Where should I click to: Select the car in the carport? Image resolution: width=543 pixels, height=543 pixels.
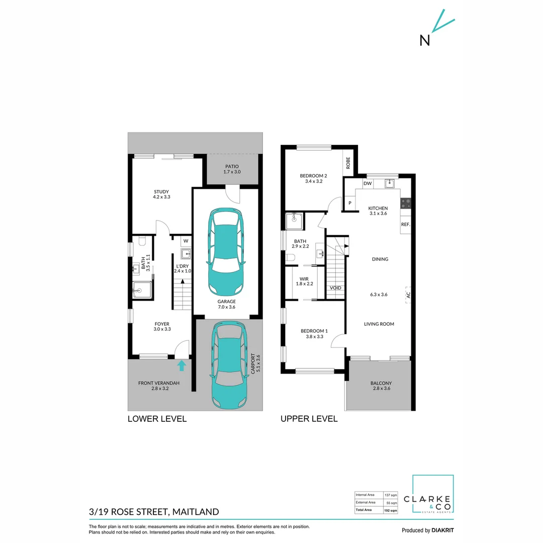click(x=229, y=365)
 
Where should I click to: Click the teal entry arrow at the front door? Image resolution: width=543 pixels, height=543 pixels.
click(x=182, y=365)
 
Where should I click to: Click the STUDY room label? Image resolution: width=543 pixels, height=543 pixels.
click(x=161, y=192)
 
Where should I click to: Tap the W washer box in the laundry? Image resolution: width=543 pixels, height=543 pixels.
click(x=185, y=240)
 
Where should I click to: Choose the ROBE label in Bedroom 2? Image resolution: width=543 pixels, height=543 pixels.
click(x=348, y=162)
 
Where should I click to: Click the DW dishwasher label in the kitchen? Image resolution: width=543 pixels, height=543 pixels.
click(x=367, y=184)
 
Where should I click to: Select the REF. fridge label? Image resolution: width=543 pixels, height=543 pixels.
click(x=405, y=224)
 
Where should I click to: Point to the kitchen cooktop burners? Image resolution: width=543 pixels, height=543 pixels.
click(x=406, y=203)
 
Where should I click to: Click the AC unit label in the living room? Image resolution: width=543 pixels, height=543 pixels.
click(x=408, y=294)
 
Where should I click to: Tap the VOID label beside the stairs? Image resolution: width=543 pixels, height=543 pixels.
click(x=335, y=288)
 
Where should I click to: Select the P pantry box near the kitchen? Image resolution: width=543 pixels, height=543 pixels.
click(x=349, y=203)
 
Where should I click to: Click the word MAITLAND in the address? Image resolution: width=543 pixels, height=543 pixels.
click(x=196, y=512)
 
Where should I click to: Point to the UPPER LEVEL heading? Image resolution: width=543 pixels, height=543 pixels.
click(x=309, y=419)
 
